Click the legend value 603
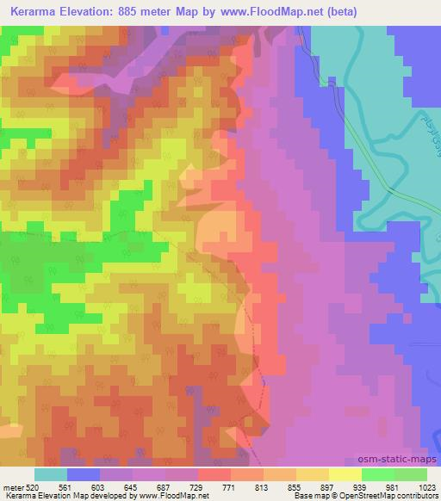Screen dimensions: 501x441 (x=100, y=487)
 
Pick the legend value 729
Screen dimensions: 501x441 (x=197, y=487)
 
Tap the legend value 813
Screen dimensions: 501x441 (x=262, y=487)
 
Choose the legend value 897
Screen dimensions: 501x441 (x=327, y=487)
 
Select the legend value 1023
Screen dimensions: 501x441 (x=426, y=487)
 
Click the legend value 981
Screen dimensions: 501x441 (x=393, y=487)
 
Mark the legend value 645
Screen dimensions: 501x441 (x=133, y=487)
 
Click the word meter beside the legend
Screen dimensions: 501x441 (x=13, y=487)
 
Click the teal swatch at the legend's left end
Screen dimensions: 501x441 (x=50, y=474)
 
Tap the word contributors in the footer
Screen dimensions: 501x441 (x=419, y=496)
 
